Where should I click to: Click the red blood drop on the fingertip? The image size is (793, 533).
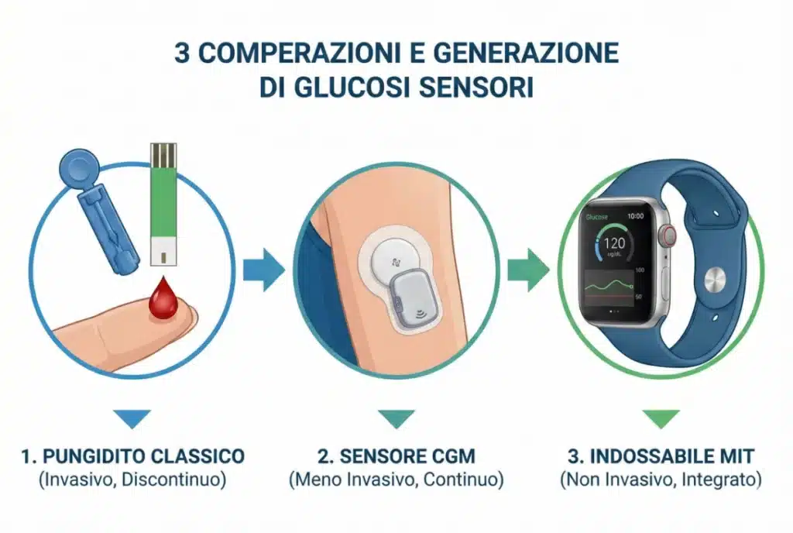coord(163,299)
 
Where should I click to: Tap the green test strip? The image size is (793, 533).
coord(164,204)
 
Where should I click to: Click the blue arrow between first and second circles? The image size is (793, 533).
coord(264,270)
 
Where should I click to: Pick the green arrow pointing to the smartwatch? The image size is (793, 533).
coord(528,270)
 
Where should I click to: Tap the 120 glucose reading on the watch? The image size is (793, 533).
coord(614,243)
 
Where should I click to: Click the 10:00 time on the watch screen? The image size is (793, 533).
coord(635,216)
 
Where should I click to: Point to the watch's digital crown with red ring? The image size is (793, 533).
coord(669,235)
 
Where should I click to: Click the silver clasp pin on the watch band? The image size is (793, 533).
coord(715,279)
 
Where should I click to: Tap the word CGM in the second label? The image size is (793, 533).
coord(452,456)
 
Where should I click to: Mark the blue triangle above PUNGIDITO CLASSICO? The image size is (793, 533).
coord(132,418)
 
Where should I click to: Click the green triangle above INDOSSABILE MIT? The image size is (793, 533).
coord(661,418)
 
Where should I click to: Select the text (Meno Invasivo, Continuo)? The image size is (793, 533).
coord(396,480)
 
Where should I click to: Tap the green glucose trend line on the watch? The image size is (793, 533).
coord(609,286)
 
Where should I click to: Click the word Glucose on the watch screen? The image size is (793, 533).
coord(597,217)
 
